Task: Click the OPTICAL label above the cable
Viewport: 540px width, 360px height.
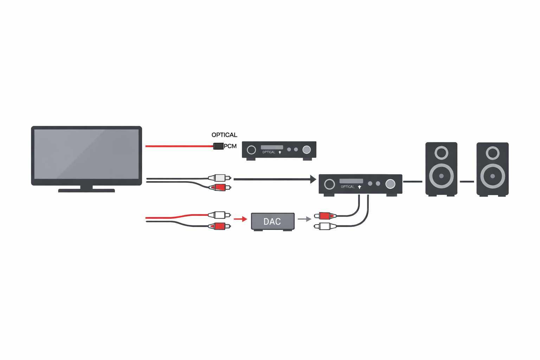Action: (224, 135)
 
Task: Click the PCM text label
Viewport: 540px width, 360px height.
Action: (230, 146)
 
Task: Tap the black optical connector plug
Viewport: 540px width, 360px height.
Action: (218, 146)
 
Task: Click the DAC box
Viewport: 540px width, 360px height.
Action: (272, 221)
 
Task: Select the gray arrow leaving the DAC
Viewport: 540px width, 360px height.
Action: (304, 219)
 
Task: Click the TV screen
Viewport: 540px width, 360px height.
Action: (86, 154)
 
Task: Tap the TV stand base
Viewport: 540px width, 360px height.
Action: (86, 190)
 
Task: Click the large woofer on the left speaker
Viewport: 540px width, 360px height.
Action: (441, 176)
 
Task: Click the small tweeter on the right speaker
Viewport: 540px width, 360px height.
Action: (493, 153)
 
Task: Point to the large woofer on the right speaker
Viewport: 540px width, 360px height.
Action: (493, 176)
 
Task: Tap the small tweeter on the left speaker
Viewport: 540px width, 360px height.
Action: (441, 153)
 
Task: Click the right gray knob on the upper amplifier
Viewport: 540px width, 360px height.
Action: (307, 150)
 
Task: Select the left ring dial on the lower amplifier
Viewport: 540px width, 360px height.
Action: (329, 184)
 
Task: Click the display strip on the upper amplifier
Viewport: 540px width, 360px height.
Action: (272, 147)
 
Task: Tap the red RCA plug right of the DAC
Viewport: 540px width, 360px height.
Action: (325, 216)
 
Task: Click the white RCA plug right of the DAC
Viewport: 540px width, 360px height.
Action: (325, 226)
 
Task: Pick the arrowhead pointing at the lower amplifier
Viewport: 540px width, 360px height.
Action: (313, 179)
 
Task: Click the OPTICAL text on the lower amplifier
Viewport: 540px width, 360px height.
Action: (348, 187)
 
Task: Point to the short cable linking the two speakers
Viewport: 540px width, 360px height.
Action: (467, 182)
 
